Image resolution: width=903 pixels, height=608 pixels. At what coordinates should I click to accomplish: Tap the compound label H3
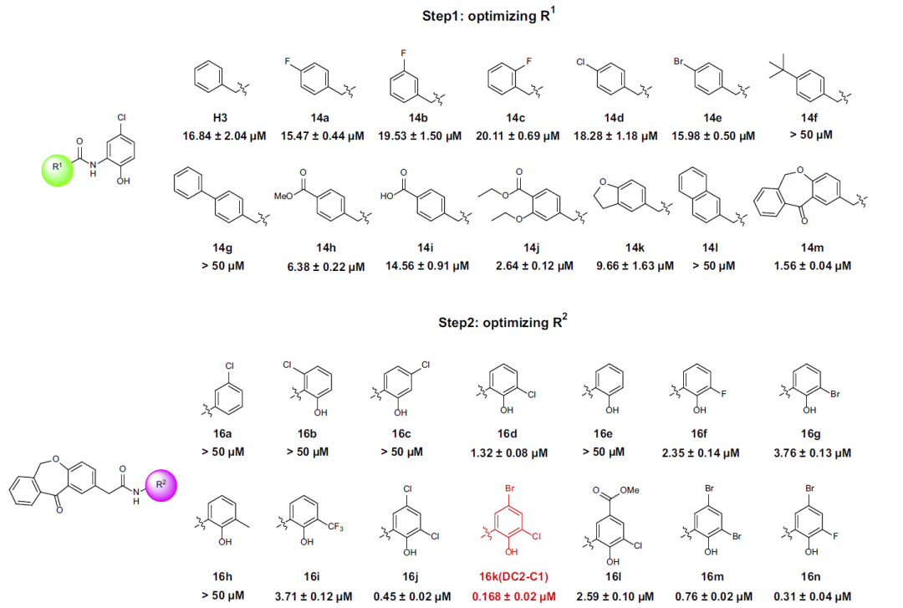pos(212,119)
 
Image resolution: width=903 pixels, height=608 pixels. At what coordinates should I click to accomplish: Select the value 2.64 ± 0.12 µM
pos(532,266)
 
